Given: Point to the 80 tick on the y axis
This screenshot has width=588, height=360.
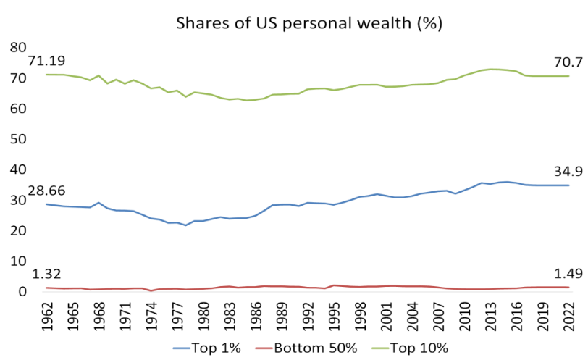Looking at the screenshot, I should point(17,47).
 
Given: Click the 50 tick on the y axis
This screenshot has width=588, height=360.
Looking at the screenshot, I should point(17,139).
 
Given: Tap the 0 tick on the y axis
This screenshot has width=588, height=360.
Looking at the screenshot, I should point(22,292).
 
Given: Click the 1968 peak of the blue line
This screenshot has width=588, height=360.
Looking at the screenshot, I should point(98,203).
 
